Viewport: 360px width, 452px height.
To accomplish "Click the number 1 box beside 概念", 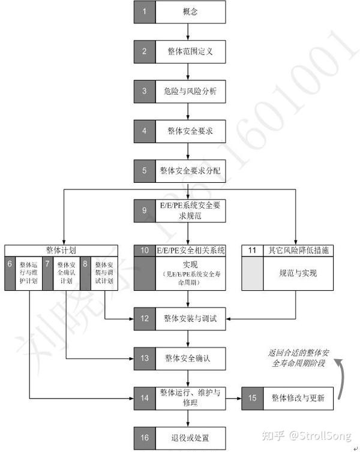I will pos(144,11).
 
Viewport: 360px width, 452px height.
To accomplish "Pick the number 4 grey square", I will pos(144,131).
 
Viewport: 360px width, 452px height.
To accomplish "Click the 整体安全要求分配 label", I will pos(190,171).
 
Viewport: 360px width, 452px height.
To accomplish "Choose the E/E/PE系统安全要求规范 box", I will pos(190,210).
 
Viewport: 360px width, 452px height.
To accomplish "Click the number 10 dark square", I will pos(144,250).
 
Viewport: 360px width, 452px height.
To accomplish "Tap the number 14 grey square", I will pos(144,397).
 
